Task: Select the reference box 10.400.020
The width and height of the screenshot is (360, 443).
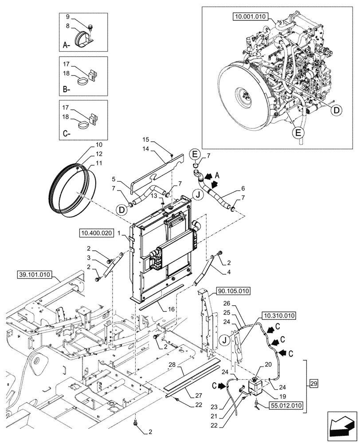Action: tap(97, 232)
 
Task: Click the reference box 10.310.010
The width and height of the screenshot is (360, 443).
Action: tap(280, 316)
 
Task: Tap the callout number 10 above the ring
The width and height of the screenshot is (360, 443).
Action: tap(98, 145)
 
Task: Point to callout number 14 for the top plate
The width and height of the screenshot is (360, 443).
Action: tap(145, 149)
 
